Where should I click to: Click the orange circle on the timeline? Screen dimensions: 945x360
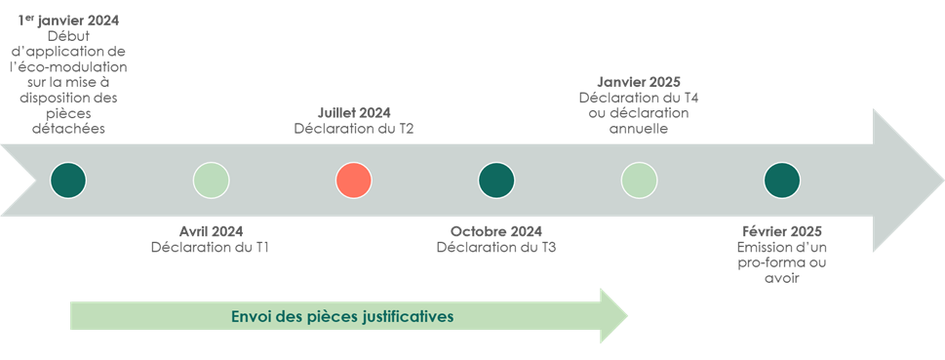[x=354, y=180]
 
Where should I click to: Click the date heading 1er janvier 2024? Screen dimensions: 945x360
[x=68, y=20]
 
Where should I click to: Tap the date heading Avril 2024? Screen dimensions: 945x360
[x=211, y=231]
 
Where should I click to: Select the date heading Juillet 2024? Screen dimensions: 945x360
[x=354, y=113]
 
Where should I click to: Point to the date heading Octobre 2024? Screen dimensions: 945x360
[x=496, y=231]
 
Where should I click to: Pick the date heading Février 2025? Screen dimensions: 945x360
[x=782, y=231]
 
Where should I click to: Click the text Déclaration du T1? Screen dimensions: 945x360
[x=211, y=247]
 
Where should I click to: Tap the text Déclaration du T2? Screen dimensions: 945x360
[x=354, y=129]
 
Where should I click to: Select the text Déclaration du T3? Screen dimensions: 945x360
[x=496, y=247]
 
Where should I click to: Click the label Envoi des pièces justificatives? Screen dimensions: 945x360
[x=342, y=316]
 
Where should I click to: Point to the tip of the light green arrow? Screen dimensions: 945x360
[x=628, y=316]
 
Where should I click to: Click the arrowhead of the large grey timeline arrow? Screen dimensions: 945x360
[x=907, y=180]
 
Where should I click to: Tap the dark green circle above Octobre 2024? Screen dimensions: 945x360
[x=496, y=180]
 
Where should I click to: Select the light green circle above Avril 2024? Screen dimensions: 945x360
[x=211, y=180]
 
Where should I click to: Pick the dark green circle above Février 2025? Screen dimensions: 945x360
[x=782, y=180]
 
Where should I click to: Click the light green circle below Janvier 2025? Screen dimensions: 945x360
[x=640, y=180]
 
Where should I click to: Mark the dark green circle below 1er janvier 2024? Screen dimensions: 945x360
[x=68, y=180]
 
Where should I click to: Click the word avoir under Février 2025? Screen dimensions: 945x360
[x=782, y=278]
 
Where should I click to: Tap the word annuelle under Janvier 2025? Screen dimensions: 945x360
[x=639, y=129]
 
